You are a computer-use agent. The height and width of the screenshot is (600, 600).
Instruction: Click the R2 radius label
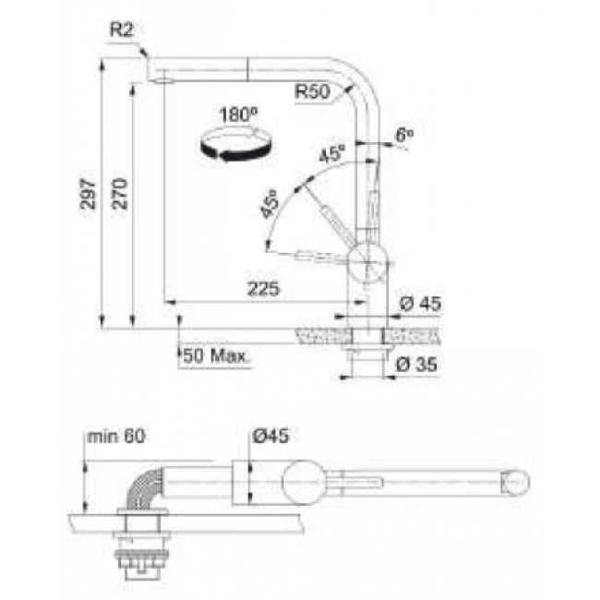[x=122, y=30]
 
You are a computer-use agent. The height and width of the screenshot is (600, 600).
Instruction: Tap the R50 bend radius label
[x=312, y=90]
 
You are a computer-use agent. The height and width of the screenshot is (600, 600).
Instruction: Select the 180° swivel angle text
[x=237, y=115]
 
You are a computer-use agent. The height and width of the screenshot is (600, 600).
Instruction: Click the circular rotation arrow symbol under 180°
[x=238, y=145]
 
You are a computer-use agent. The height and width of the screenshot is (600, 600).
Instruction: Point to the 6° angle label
[x=403, y=135]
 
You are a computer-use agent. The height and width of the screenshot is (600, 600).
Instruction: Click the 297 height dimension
[x=88, y=192]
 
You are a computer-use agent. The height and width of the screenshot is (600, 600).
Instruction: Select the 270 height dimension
[x=120, y=192]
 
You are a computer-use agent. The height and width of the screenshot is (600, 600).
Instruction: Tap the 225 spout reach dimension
[x=262, y=288]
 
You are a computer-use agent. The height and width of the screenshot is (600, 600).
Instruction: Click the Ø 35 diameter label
[x=414, y=364]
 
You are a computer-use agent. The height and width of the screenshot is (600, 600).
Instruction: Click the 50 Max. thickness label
[x=214, y=354]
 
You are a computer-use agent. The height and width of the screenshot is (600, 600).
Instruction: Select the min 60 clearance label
[x=114, y=434]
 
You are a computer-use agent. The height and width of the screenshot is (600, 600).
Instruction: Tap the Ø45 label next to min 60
[x=270, y=434]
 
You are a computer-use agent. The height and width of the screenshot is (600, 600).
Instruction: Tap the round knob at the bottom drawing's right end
[x=515, y=481]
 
